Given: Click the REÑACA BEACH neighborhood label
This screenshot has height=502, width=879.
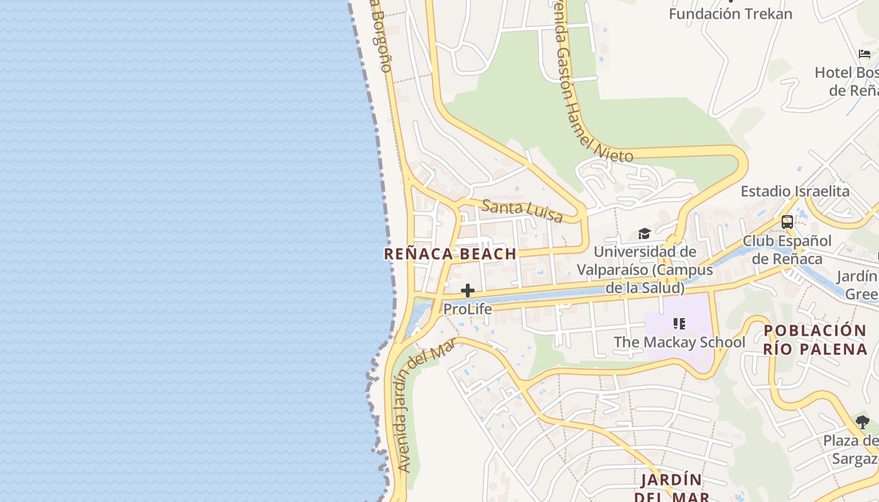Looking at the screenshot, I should [x=450, y=254].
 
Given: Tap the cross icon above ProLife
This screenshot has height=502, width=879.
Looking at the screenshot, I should [x=468, y=291].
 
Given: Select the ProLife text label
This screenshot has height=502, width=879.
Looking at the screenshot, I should [x=468, y=309].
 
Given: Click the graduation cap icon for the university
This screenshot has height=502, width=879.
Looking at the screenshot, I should [x=644, y=234].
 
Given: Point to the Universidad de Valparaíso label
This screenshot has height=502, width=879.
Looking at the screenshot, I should [x=645, y=269].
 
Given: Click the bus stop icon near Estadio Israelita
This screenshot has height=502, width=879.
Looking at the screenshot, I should [x=787, y=222].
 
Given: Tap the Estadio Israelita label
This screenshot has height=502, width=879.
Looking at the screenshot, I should [x=795, y=191].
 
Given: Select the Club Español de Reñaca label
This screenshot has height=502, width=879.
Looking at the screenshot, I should [x=787, y=250].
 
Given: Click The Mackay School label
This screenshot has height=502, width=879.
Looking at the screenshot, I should [x=679, y=342].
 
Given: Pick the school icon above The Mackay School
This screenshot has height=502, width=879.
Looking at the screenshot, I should [x=679, y=324].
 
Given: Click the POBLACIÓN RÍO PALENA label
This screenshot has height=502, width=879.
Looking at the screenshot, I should [x=815, y=339].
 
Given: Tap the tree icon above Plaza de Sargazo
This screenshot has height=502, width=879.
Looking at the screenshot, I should [x=863, y=422].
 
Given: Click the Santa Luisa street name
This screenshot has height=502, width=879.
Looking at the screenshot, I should [x=522, y=211].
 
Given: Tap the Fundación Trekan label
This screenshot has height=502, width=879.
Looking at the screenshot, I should [x=730, y=14].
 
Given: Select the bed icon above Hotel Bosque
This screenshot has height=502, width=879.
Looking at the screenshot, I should [x=865, y=54].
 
